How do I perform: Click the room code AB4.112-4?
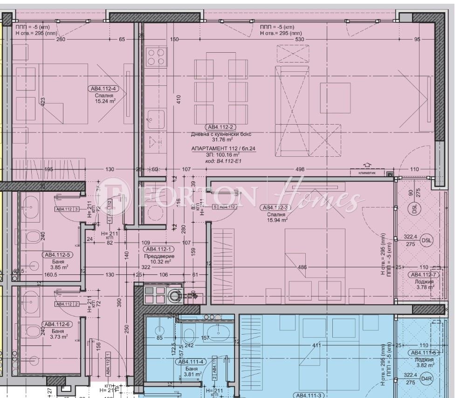pos(104,89)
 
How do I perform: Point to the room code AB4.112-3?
pos(278,208)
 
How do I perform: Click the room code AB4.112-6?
pos(57,324)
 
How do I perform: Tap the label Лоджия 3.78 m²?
pos(424,285)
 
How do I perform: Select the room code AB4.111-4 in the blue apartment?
pos(190,361)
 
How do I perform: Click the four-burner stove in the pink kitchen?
pos(156,57)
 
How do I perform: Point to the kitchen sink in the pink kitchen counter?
pos(156,119)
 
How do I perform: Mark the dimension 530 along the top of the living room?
pos(299,40)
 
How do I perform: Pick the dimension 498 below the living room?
pos(300,169)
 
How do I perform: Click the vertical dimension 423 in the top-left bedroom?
pos(42,102)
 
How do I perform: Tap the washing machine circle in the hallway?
pos(175,295)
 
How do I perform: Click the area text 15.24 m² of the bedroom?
pos(104,101)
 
